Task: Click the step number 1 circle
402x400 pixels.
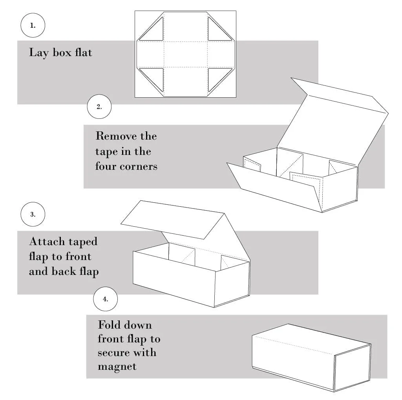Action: coord(33,25)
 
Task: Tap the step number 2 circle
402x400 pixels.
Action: coord(99,106)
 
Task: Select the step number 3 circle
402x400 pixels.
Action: coord(33,215)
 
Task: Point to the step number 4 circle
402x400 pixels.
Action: coord(105,299)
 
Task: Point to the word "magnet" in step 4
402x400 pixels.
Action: coord(117,366)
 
